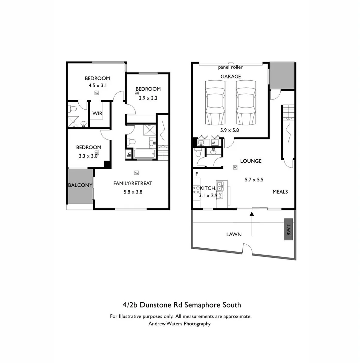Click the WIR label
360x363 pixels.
click(x=97, y=114)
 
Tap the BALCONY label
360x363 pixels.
click(x=80, y=185)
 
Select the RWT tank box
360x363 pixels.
click(x=288, y=229)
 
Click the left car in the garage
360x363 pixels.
click(x=215, y=103)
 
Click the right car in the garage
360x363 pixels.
click(x=246, y=103)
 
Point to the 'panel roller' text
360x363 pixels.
click(x=230, y=67)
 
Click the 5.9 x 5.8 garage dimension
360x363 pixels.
click(x=230, y=130)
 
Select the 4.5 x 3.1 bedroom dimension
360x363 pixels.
click(x=97, y=85)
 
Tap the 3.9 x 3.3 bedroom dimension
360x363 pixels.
click(x=148, y=98)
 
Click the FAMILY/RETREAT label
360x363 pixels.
click(x=133, y=184)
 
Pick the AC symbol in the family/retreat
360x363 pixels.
click(x=136, y=173)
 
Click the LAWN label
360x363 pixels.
click(x=234, y=235)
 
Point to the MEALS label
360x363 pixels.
click(x=280, y=192)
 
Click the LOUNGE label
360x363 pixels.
click(x=251, y=161)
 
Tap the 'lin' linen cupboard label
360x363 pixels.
click(x=129, y=154)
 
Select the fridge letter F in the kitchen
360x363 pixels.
click(x=197, y=174)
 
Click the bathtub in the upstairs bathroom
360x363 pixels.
click(x=144, y=154)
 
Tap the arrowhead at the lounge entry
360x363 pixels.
click(x=252, y=214)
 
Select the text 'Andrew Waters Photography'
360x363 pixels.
click(x=179, y=324)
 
